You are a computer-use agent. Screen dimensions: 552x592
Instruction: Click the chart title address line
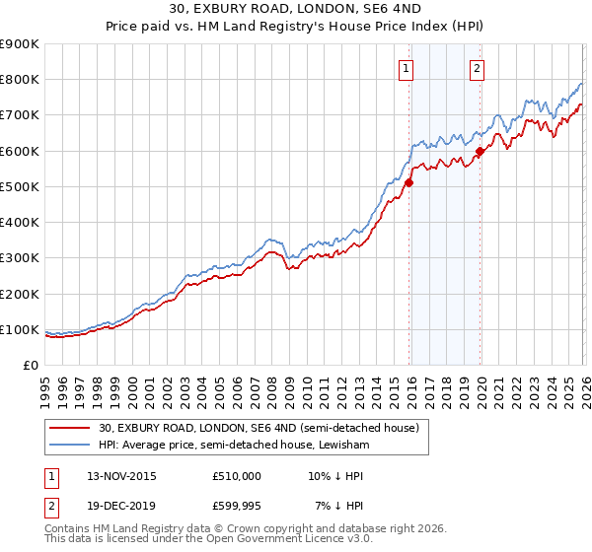(296, 10)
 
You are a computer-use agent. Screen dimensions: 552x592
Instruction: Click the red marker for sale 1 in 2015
(408, 182)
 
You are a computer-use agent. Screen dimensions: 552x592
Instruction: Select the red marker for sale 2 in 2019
(481, 151)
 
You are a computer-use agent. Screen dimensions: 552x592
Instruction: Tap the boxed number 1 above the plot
(407, 68)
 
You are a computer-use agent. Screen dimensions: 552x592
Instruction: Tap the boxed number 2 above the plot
(478, 68)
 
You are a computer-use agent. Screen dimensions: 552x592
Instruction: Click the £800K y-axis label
(20, 80)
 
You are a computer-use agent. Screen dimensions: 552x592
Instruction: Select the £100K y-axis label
(20, 329)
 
